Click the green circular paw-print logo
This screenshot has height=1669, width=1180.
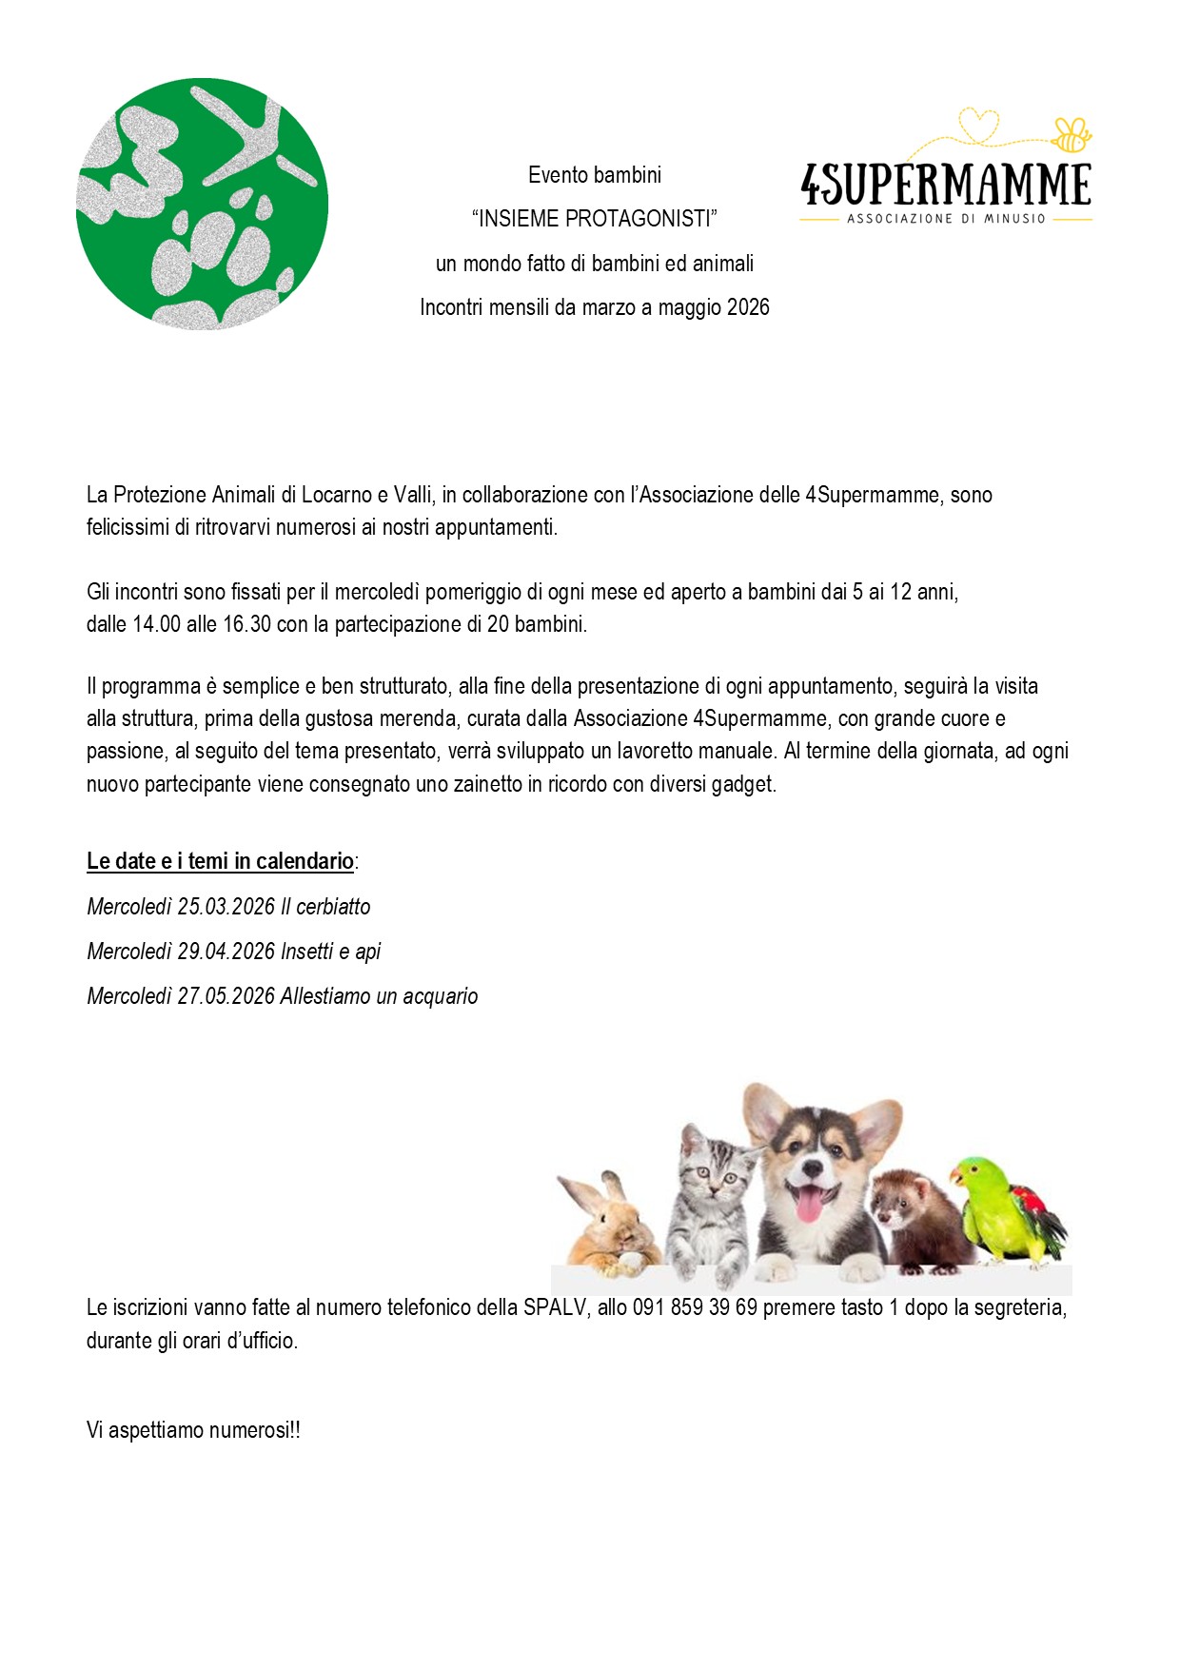click(x=202, y=204)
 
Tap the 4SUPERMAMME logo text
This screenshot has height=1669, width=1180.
click(x=946, y=185)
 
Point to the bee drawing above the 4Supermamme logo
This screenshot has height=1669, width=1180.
click(x=1072, y=134)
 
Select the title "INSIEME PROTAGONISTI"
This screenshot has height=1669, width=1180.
click(x=594, y=219)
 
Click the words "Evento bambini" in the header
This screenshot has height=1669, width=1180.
click(x=594, y=175)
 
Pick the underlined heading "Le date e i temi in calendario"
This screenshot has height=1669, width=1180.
click(x=220, y=861)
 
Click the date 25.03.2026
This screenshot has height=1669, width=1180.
click(x=226, y=907)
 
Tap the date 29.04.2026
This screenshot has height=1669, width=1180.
click(x=226, y=952)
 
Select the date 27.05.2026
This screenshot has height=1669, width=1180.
click(x=226, y=996)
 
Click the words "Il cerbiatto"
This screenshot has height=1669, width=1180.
click(x=325, y=907)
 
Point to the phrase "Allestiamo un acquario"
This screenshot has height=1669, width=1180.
click(x=379, y=996)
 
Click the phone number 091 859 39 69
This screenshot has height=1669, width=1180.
click(x=695, y=1307)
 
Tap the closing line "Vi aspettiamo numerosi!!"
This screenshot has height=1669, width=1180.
click(x=193, y=1430)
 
